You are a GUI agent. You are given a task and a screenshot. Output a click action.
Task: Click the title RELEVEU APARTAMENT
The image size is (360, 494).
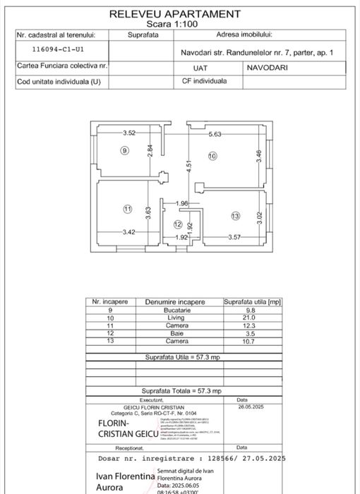[175, 13]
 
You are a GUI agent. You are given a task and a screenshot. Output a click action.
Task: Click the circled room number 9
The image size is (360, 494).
[124, 150]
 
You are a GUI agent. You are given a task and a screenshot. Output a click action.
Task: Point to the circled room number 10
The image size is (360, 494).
[212, 156]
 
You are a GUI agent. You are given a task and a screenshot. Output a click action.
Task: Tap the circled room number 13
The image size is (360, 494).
[235, 215]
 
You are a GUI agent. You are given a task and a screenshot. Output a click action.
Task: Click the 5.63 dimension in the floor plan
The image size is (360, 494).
[215, 134]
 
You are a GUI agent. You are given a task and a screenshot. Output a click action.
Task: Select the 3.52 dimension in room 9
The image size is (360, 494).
[128, 133]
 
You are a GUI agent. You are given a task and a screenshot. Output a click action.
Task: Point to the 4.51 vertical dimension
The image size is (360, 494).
[188, 167]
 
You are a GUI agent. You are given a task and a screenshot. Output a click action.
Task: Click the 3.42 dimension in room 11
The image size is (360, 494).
[128, 232]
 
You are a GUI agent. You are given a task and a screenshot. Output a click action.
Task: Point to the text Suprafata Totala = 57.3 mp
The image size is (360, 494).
[181, 390]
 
